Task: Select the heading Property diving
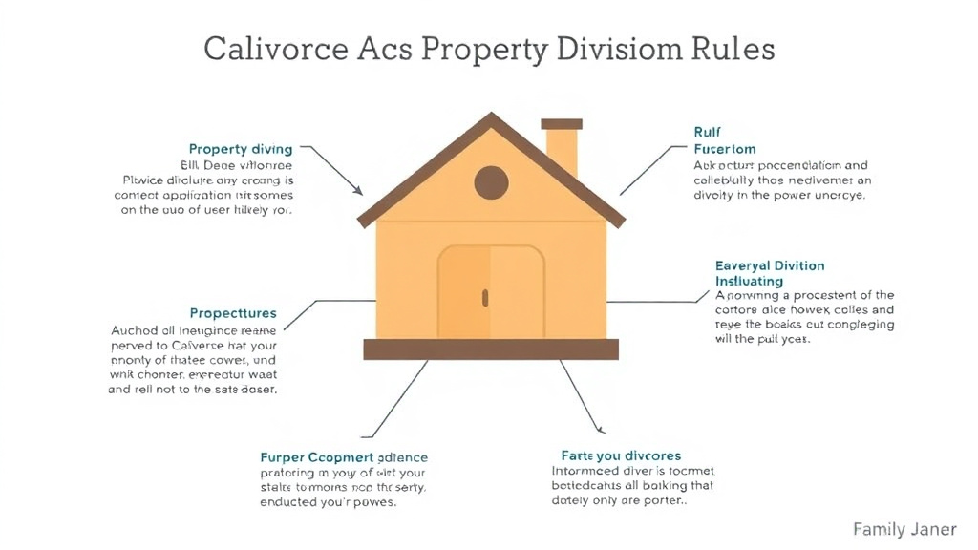point(240,149)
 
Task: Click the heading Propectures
point(233,313)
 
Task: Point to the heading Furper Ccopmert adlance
point(344,457)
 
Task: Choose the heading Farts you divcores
point(621,455)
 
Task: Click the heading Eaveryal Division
point(770,265)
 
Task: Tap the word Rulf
point(707,132)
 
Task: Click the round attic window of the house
point(491,181)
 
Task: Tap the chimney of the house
point(562,148)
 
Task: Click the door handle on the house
point(484,298)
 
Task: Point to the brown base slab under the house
point(490,349)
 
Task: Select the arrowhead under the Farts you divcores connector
point(599,429)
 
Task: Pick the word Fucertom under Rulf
point(725,149)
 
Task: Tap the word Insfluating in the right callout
point(749,282)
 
